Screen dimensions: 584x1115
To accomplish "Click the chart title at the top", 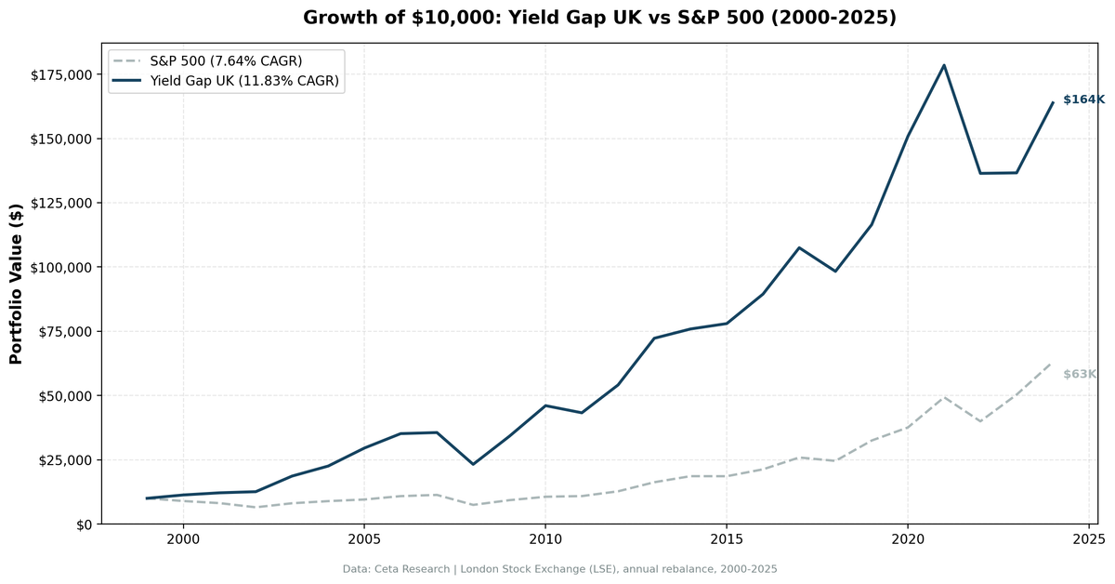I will click(599, 18).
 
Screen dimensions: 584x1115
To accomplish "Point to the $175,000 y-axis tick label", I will click(62, 74).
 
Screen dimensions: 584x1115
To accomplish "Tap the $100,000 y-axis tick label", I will click(62, 268).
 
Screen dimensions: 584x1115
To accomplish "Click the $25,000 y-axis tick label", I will click(66, 460).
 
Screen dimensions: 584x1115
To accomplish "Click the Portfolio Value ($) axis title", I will click(16, 284).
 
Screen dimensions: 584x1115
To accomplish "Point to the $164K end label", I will click(1083, 100).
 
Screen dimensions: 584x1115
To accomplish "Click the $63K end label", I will click(1080, 375).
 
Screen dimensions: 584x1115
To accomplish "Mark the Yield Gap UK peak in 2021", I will click(944, 65).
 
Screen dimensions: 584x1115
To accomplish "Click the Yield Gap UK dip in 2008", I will click(473, 464).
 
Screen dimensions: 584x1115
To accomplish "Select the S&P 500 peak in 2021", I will click(944, 397).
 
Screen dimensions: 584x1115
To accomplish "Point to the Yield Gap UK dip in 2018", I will click(835, 272).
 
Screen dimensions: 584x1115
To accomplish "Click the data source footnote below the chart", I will click(559, 569).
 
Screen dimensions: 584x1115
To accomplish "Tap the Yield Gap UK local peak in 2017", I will click(799, 247).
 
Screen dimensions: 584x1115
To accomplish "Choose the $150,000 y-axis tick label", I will click(62, 139).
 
